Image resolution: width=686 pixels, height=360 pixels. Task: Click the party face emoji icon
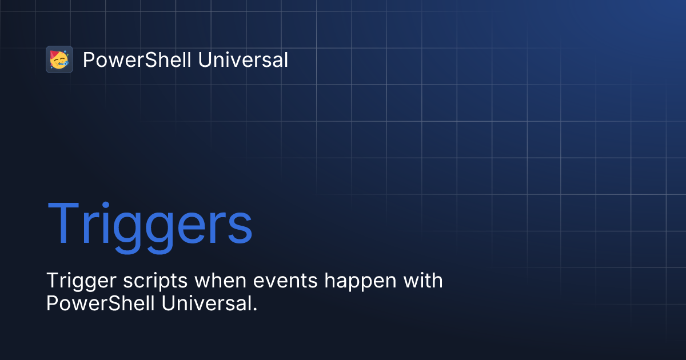click(x=59, y=59)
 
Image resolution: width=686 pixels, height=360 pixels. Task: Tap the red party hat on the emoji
click(x=55, y=54)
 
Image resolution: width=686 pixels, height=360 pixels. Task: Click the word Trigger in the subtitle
click(x=74, y=282)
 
